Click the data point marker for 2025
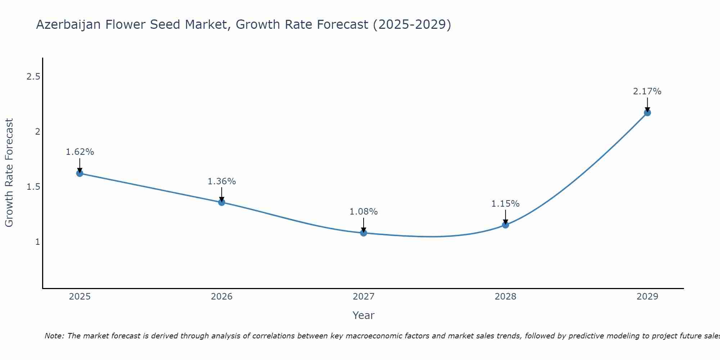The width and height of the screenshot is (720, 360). pos(80,173)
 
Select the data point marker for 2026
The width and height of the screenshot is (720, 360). pos(221,202)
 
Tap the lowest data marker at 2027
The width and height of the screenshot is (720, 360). pos(364,233)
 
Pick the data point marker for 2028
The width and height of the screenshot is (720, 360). pos(505,225)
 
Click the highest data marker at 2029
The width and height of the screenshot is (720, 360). pos(647,113)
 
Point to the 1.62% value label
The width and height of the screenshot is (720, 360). pos(80,152)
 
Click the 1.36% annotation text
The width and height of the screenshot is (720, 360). pos(221,181)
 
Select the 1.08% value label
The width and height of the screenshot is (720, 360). pos(364,212)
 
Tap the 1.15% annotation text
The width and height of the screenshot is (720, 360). pos(505,204)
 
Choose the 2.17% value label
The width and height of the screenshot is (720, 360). pos(647,91)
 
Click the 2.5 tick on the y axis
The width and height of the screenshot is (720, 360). pos(33,76)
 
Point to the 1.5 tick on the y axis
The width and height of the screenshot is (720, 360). pos(33,186)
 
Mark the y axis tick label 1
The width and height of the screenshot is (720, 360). pos(37,242)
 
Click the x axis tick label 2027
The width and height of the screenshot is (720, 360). pos(364,297)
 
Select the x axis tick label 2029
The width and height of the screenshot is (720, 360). pos(647,297)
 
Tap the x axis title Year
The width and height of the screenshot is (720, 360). pos(364,315)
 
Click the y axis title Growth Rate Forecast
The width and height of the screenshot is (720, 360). pos(9,173)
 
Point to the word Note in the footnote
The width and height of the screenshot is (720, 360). pos(54,336)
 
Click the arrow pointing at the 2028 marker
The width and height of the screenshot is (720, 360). pos(505,217)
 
